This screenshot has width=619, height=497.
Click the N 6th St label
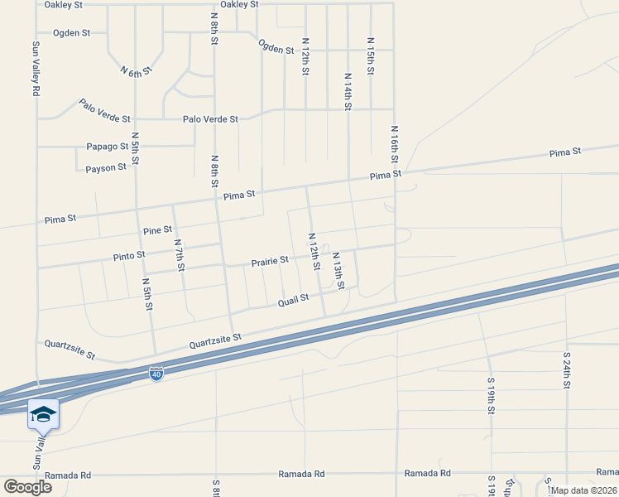[x=137, y=70]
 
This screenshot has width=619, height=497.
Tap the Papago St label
[x=107, y=147]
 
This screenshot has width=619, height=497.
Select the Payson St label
[x=105, y=167]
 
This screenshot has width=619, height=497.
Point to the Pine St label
[x=157, y=229]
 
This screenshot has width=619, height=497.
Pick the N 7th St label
[x=179, y=255]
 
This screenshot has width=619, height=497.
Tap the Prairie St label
[x=270, y=261]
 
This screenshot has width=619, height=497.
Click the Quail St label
[x=293, y=298]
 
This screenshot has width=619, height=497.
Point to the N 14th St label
[x=348, y=90]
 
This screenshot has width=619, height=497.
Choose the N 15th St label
[x=370, y=56]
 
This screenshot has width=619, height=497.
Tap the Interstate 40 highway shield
[x=156, y=374]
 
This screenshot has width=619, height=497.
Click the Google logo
[x=27, y=486]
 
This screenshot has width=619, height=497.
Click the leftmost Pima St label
[x=60, y=220]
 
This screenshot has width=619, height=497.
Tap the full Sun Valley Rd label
[x=36, y=70]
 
